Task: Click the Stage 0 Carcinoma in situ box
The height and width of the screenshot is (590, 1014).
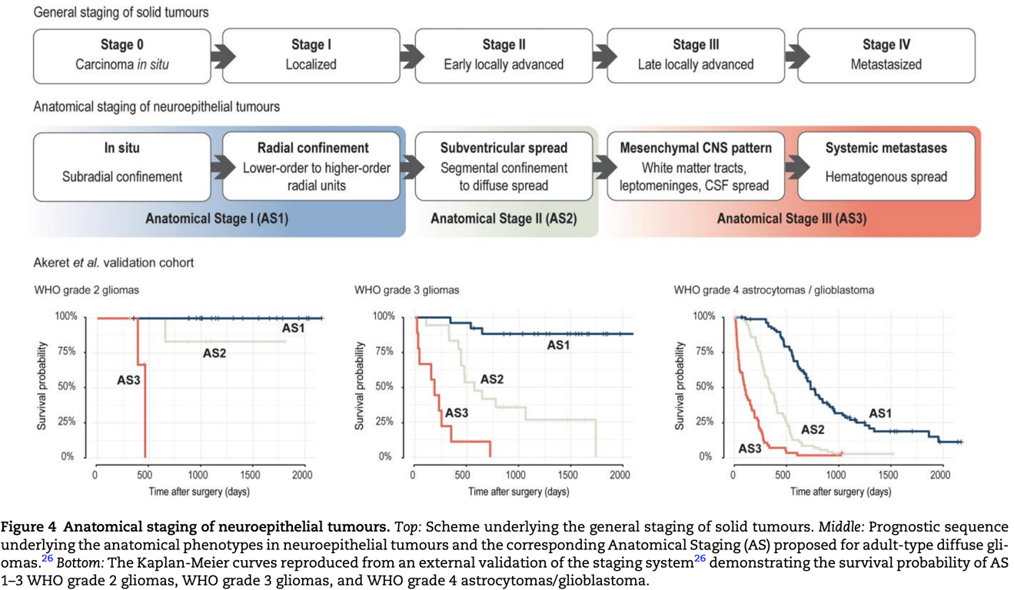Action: (x=121, y=55)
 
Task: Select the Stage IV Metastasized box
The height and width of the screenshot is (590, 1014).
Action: (x=886, y=55)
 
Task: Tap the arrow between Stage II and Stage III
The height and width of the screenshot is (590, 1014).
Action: (x=604, y=56)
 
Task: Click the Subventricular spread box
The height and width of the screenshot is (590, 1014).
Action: (x=504, y=167)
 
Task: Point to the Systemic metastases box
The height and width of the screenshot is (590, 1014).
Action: (x=886, y=167)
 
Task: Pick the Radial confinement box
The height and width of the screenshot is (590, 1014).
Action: (x=313, y=167)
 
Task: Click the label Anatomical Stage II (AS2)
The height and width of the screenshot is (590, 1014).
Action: (x=503, y=219)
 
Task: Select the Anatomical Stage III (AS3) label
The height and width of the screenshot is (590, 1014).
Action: (x=791, y=219)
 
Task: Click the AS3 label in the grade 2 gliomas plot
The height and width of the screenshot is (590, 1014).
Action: (x=128, y=379)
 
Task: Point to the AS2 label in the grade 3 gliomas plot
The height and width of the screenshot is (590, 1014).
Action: (x=492, y=379)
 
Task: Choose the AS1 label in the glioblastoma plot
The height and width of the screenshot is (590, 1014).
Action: (x=880, y=413)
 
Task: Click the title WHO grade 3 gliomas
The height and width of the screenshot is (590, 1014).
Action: (x=407, y=290)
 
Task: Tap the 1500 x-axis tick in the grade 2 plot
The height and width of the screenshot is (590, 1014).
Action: (x=251, y=475)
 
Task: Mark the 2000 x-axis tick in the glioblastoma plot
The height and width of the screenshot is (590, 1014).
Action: (x=940, y=475)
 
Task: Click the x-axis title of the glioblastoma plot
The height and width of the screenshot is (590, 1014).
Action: (x=840, y=492)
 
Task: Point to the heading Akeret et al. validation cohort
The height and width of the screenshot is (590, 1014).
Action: (x=114, y=263)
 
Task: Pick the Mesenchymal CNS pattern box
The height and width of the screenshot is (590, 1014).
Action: (x=696, y=167)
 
